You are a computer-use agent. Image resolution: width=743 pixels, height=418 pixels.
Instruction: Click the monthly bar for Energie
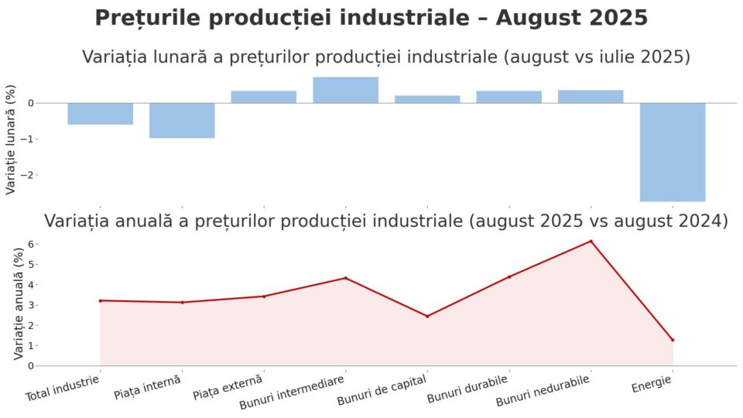coord(672,152)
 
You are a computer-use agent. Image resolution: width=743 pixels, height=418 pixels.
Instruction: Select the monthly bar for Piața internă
coord(182,120)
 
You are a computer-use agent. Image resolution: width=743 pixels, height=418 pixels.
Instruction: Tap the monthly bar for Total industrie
coord(100,113)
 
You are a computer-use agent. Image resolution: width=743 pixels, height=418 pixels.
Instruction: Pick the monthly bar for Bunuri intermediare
coord(345,90)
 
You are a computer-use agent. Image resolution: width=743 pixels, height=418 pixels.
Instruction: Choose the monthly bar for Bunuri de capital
coord(427,99)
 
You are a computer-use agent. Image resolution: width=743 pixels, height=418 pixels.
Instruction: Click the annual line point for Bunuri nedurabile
coord(591,242)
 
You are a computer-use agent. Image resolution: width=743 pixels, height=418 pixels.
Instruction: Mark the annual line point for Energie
coord(673,340)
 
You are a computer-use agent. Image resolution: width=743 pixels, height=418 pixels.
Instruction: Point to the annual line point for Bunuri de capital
coord(427,316)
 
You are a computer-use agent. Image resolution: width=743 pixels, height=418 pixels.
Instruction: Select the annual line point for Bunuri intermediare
coord(345,278)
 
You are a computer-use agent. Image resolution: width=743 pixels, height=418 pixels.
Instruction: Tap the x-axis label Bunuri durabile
coord(467,389)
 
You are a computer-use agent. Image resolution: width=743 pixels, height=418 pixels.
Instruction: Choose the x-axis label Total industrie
coord(63,389)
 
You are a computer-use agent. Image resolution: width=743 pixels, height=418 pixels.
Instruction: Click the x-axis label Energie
coord(652,384)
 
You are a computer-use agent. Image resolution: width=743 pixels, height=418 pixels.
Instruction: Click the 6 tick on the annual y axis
coord(30,244)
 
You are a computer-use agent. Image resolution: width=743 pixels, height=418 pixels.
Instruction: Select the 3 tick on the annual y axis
coord(30,305)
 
